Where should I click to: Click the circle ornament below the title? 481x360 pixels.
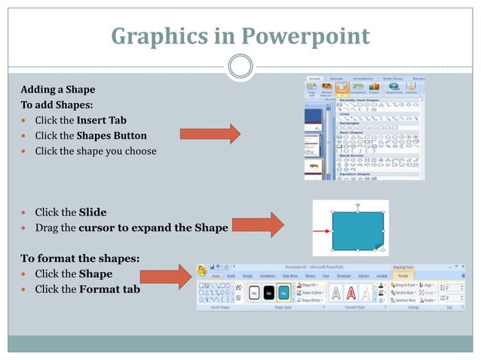pos(240,66)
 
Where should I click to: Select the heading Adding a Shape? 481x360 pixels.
pos(57,90)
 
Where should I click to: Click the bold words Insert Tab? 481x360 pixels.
pos(101,120)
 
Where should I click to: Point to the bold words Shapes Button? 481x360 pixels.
pos(112,136)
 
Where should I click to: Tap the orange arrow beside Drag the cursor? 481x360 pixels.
pos(257,224)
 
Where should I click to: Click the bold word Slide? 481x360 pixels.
pos(92,212)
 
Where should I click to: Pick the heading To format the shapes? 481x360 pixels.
pos(79,258)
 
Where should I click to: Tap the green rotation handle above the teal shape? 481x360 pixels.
pos(357,205)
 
